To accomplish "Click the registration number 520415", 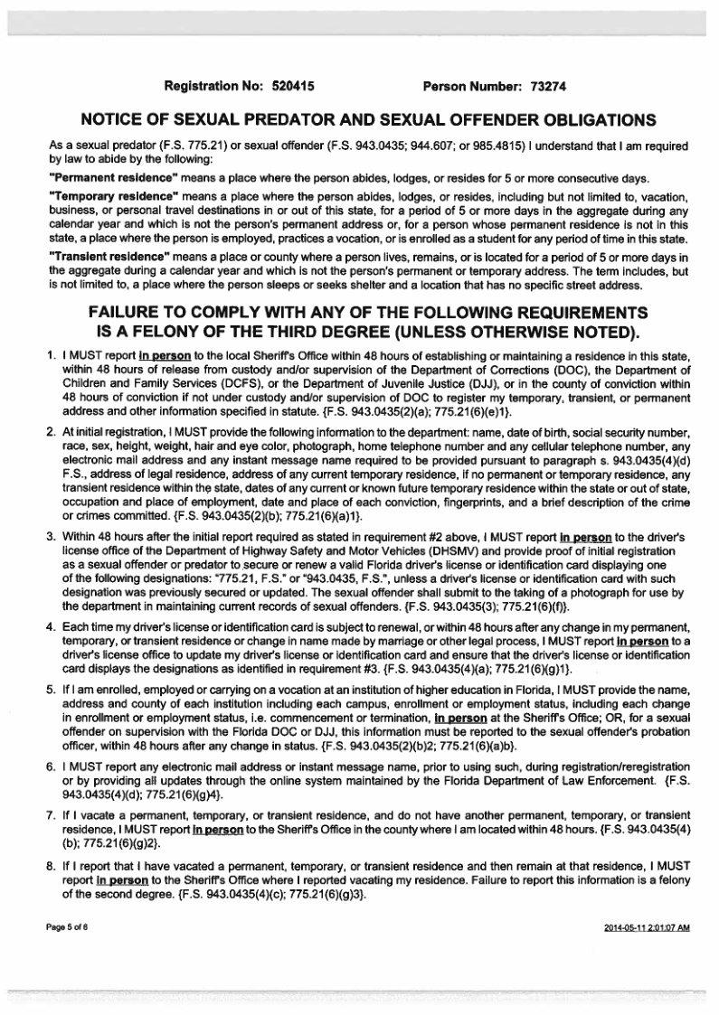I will click(294, 87).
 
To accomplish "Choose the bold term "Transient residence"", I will click(89, 256).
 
